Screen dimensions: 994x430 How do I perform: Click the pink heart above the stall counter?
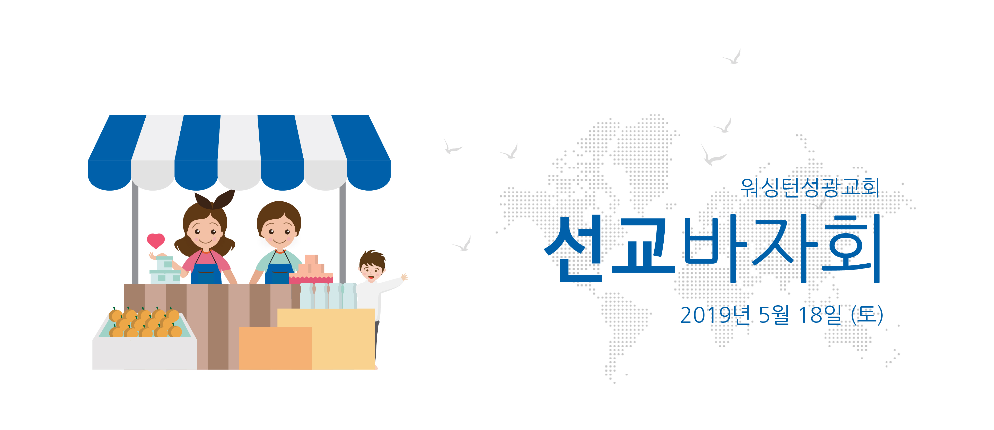(x=156, y=241)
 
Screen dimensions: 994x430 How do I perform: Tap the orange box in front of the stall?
(x=276, y=348)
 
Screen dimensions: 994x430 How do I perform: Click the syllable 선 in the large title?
(x=574, y=248)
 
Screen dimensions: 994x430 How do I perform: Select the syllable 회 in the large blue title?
(x=852, y=248)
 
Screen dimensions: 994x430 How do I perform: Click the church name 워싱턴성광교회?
(x=810, y=187)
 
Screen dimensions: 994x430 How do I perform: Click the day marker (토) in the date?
(x=867, y=315)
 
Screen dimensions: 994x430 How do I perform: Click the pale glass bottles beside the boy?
(x=328, y=296)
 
